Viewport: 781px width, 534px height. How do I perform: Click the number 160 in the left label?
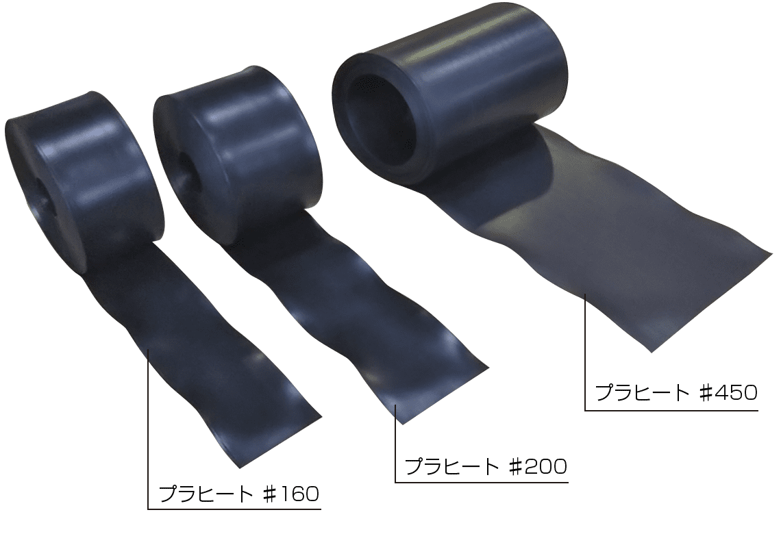pos(300,494)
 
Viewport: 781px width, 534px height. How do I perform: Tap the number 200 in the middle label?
pos(547,467)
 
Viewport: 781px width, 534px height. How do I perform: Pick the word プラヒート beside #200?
pos(452,467)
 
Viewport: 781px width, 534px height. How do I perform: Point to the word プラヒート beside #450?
pos(642,393)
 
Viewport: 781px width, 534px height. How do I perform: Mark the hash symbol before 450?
pos(704,393)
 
